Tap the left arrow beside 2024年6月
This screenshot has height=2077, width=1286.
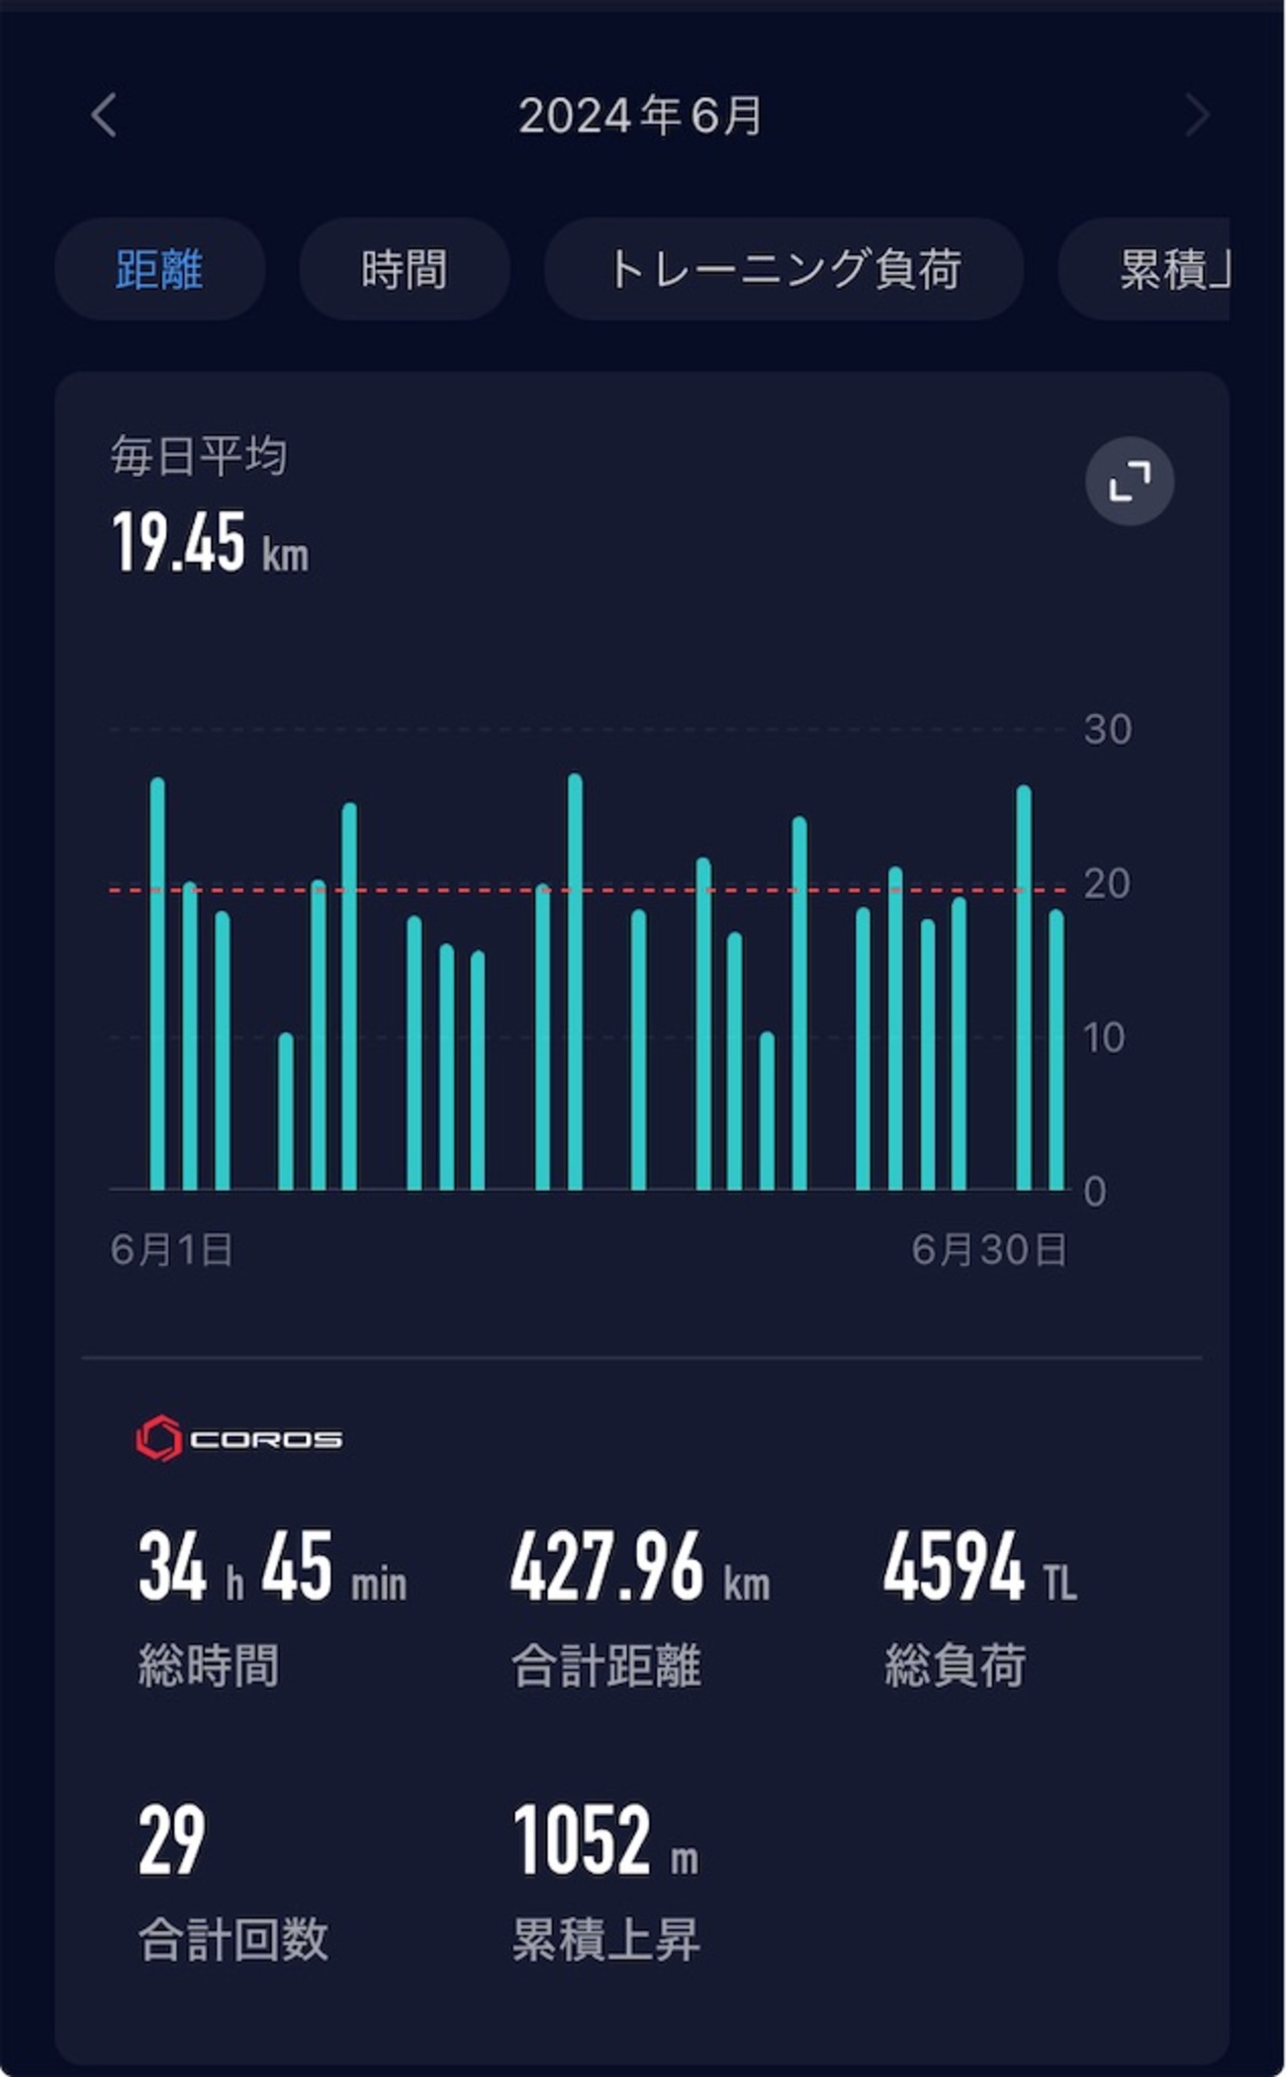[x=104, y=115]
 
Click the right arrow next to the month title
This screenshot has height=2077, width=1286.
[x=1197, y=115]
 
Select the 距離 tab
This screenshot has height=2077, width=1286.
[x=159, y=269]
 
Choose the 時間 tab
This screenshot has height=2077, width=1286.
[x=404, y=269]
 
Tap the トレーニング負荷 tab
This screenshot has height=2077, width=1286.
[x=783, y=269]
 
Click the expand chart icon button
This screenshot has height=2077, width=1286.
[x=1130, y=481]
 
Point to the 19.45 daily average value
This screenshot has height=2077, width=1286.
[x=179, y=543]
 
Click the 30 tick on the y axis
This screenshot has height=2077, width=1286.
[x=1107, y=730]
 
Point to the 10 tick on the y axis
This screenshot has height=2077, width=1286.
[x=1104, y=1038]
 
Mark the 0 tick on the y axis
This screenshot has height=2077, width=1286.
[x=1094, y=1192]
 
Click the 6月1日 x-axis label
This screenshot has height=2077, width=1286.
[x=171, y=1250]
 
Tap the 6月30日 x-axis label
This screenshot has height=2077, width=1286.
[x=988, y=1250]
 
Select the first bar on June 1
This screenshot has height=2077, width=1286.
[x=157, y=984]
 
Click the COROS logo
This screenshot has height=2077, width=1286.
[x=238, y=1438]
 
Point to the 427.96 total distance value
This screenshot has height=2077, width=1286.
[x=606, y=1567]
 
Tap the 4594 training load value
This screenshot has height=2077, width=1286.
[x=954, y=1567]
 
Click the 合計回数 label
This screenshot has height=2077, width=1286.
[x=232, y=1939]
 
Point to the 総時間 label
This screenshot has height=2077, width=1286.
[x=208, y=1666]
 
